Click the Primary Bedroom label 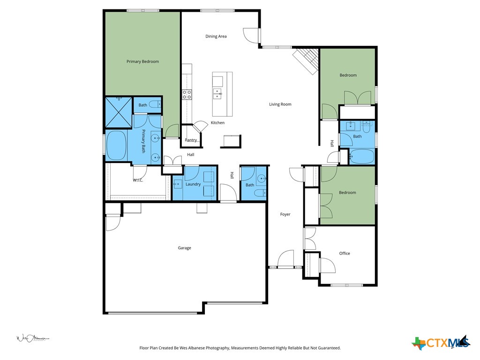(142, 61)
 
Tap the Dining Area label (216, 36)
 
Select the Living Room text (280, 104)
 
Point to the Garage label (184, 248)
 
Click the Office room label (345, 253)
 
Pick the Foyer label (285, 214)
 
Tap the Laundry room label (193, 184)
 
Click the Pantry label (191, 140)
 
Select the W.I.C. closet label (138, 180)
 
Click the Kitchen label (217, 123)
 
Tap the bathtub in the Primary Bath (116, 146)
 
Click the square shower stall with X (118, 112)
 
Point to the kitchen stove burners (187, 95)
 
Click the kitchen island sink (217, 94)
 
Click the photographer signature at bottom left (33, 338)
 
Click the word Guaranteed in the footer (327, 348)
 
